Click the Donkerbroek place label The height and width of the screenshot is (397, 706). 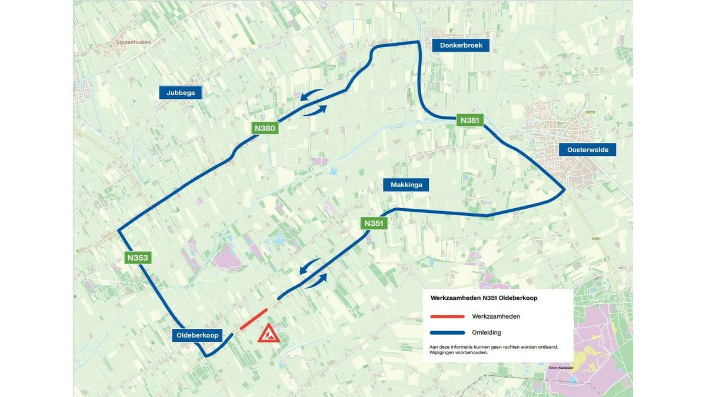tap(461, 45)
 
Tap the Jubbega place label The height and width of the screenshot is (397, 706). tap(181, 92)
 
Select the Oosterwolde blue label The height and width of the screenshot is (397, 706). tap(587, 150)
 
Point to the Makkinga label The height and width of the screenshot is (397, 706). tap(406, 185)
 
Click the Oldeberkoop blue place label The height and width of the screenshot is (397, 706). tap(197, 335)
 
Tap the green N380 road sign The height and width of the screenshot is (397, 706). tap(264, 128)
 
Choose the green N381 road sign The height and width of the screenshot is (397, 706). tap(470, 120)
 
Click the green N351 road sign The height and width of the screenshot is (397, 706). tap(374, 223)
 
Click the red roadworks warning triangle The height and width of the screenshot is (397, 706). tap(268, 334)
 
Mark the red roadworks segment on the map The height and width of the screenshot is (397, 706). tap(254, 319)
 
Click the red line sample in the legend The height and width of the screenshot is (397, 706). tap(447, 316)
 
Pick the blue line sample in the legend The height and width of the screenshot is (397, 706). tap(447, 332)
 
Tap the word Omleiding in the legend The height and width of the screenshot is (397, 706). tap(487, 332)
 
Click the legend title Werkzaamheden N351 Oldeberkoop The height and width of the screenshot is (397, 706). tap(484, 298)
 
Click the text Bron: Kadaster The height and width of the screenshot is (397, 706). tap(560, 368)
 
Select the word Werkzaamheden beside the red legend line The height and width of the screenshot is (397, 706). tap(495, 316)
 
